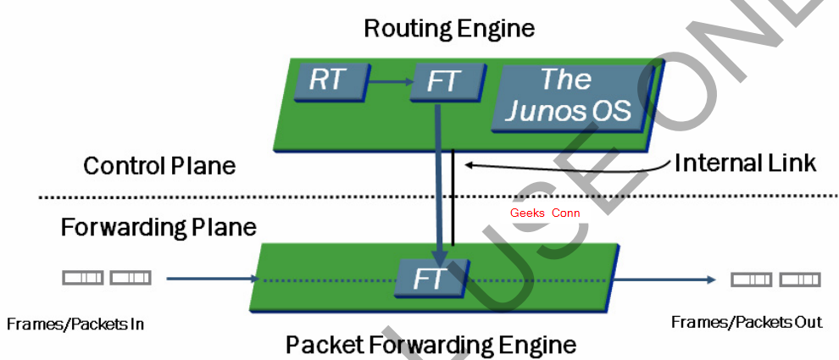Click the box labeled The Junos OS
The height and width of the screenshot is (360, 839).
pos(566,96)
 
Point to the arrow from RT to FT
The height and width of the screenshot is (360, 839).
pos(390,81)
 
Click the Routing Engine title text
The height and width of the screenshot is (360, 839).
pos(449,28)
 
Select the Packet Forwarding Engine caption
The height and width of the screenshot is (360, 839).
pos(431,346)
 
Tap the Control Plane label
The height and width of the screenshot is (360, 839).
pos(159,165)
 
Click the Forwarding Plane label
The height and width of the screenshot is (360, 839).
pos(158,227)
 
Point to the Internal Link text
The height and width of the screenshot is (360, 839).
pos(745,163)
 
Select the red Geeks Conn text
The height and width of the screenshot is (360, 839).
pos(545,213)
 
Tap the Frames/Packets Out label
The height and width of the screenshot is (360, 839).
pos(747,322)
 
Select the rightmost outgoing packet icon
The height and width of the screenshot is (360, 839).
pos(800,279)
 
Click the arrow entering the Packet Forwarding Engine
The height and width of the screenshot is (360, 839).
pos(212,278)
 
